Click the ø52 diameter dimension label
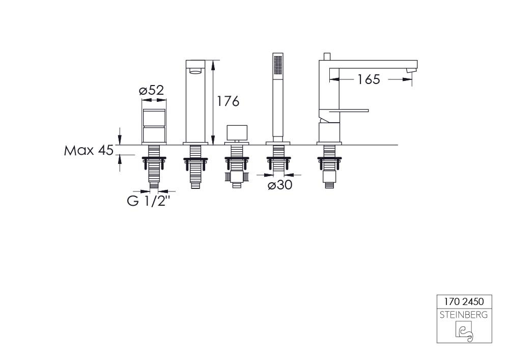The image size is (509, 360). (152, 90)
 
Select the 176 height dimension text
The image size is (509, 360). (228, 101)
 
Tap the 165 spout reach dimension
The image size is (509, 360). (369, 79)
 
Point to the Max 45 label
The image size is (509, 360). (89, 150)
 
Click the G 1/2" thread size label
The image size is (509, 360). (149, 201)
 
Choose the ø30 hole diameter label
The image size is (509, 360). (280, 185)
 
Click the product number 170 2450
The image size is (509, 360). (464, 301)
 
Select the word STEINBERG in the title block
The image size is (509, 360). (464, 315)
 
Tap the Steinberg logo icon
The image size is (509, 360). (464, 331)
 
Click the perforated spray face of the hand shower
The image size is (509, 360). (278, 66)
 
